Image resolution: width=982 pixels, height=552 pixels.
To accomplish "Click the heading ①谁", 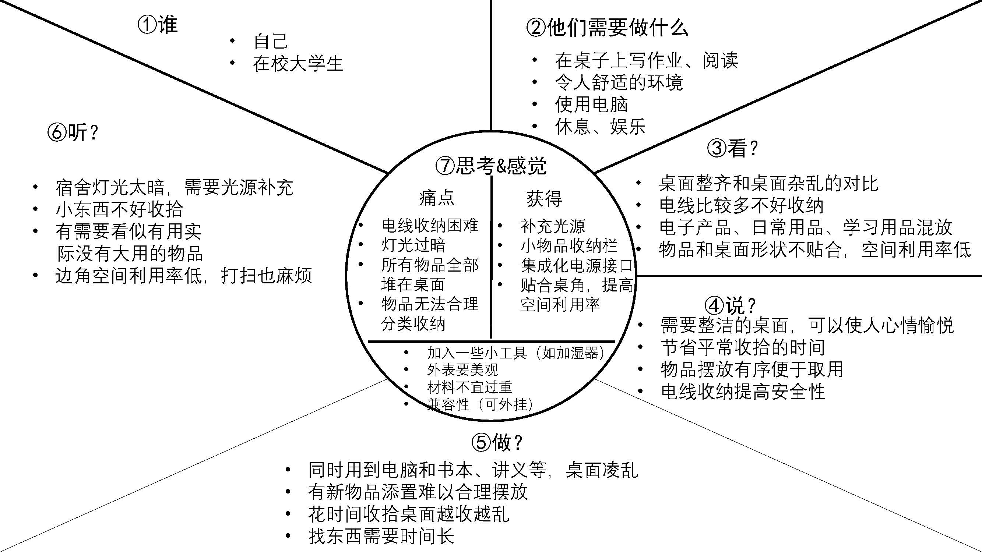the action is (x=158, y=25).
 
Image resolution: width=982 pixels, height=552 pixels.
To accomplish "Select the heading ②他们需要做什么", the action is (x=607, y=28).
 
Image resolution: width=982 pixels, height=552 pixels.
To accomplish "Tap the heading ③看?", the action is (x=732, y=148).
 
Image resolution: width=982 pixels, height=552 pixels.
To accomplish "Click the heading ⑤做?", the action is (x=497, y=442).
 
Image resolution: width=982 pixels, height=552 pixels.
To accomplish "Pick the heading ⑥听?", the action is (x=73, y=132).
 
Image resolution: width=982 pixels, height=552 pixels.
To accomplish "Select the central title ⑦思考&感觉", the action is (x=491, y=166).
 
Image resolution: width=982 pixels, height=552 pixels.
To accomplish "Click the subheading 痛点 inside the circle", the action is (x=437, y=198).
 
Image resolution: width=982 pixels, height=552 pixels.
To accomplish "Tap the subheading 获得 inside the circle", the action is (x=544, y=198).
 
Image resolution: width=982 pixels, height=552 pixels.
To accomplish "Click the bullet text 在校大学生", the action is (x=298, y=63).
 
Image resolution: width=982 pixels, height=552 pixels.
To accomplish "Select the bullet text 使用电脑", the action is (x=591, y=105).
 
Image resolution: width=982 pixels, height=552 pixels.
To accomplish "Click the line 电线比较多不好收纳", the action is (x=742, y=206).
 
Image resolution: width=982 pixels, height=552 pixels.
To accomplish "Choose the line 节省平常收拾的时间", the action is (x=743, y=347).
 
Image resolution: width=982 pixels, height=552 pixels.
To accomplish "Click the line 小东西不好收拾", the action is (x=119, y=209).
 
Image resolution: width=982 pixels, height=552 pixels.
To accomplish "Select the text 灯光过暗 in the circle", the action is (x=413, y=245).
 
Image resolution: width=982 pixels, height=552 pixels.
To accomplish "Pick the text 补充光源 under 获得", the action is (x=553, y=226).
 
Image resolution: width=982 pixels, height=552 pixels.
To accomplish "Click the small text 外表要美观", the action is (x=462, y=369).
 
